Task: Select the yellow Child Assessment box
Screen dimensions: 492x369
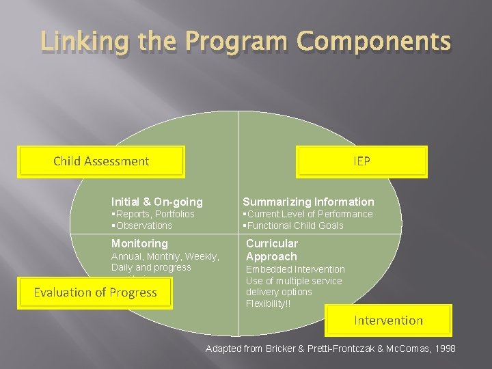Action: point(101,162)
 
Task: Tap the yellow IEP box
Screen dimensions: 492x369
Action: point(361,162)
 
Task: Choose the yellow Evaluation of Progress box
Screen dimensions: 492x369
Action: point(95,292)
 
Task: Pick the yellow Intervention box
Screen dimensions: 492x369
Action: point(387,320)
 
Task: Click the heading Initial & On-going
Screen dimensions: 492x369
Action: point(157,202)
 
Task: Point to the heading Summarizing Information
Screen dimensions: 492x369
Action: point(308,202)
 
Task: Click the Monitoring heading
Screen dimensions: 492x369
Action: point(139,243)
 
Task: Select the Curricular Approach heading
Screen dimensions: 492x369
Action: point(271,250)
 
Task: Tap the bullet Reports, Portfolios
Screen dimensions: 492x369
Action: point(153,214)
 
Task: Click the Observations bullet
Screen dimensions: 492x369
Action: point(142,225)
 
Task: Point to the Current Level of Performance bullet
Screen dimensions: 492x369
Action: point(308,214)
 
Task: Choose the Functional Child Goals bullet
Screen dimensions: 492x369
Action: point(294,225)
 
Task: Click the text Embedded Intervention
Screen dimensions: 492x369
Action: point(295,270)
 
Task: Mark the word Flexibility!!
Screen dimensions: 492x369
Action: point(268,303)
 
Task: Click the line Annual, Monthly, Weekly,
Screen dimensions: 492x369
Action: point(165,256)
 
